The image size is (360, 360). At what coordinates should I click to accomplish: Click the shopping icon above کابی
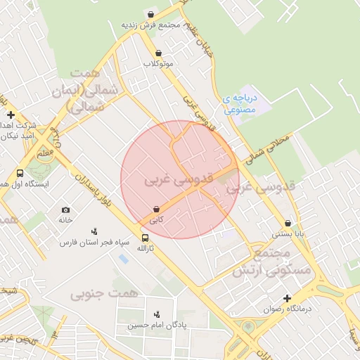pyautogui.click(x=156, y=209)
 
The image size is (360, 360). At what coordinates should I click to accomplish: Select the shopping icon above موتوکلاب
pyautogui.click(x=158, y=53)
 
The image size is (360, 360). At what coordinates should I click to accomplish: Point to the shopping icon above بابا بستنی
pyautogui.click(x=288, y=223)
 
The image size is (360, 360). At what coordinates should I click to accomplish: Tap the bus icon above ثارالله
pyautogui.click(x=145, y=238)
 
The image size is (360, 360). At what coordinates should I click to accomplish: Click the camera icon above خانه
pyautogui.click(x=65, y=210)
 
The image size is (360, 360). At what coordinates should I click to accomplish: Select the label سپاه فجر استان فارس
pyautogui.click(x=95, y=242)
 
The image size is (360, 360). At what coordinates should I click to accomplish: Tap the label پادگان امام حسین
pyautogui.click(x=157, y=326)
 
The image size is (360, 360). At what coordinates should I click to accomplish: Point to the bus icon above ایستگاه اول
pyautogui.click(x=20, y=173)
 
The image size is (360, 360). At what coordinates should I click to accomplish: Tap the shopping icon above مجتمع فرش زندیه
pyautogui.click(x=150, y=14)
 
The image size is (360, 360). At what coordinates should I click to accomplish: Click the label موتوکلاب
pyautogui.click(x=158, y=64)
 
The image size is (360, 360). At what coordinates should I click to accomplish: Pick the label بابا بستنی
pyautogui.click(x=288, y=234)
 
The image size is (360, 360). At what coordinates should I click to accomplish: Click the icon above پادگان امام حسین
pyautogui.click(x=157, y=314)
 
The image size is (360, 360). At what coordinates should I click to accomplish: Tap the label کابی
pyautogui.click(x=156, y=220)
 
